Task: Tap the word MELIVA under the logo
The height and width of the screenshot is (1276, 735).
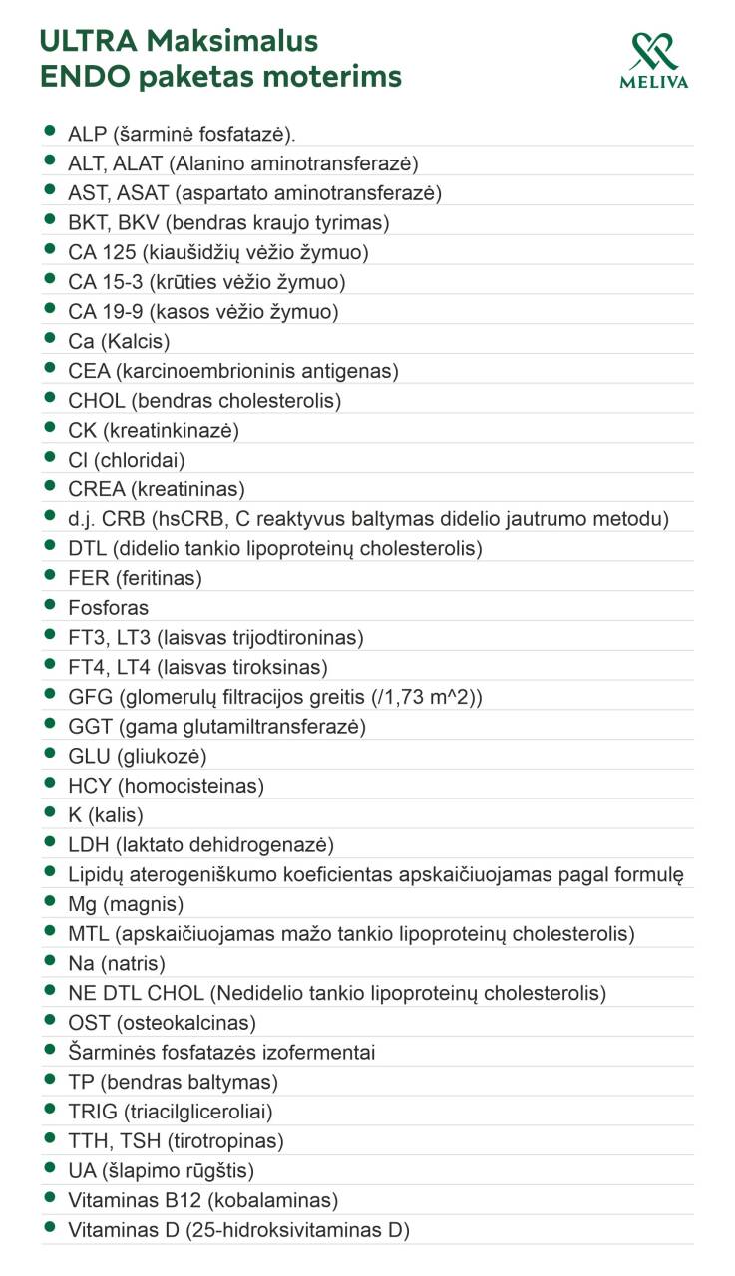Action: click(x=654, y=83)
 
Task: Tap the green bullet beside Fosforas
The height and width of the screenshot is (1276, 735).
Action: click(x=49, y=606)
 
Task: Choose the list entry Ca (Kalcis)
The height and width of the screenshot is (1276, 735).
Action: click(x=119, y=342)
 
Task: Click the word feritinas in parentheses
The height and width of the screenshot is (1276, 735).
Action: click(x=159, y=578)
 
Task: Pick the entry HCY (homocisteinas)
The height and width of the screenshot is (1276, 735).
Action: click(x=166, y=786)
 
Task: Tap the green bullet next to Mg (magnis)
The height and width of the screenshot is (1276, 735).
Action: click(x=49, y=902)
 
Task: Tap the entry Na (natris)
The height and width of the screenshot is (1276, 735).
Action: click(x=117, y=964)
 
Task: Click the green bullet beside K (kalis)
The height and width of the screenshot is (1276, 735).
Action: click(x=49, y=813)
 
